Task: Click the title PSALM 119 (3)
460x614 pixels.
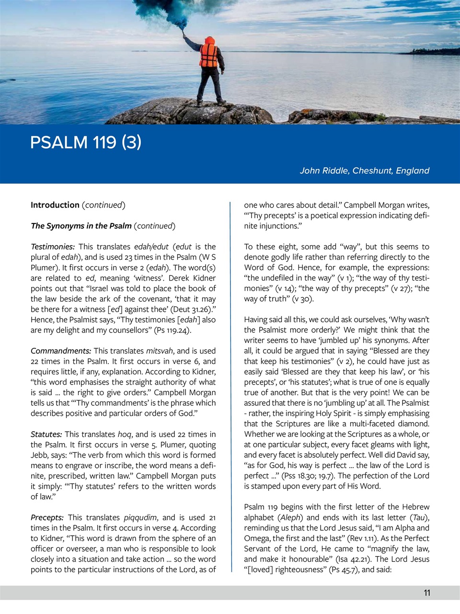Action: point(86,142)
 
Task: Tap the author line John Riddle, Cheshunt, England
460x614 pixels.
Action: point(364,171)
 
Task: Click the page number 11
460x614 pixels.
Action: point(426,593)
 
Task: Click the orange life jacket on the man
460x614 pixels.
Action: point(209,56)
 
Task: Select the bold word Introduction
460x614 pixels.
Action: point(55,205)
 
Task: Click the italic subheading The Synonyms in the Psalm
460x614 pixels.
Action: point(81,226)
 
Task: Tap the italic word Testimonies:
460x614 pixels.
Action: point(53,247)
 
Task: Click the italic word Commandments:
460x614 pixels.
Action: point(61,351)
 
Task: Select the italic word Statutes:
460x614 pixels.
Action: point(46,434)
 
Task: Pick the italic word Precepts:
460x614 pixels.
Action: point(47,518)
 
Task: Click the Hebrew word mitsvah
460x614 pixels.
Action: point(160,351)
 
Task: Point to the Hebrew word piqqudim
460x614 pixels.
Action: point(140,518)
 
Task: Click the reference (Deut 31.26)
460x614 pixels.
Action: point(191,309)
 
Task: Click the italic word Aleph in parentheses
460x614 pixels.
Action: point(290,518)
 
